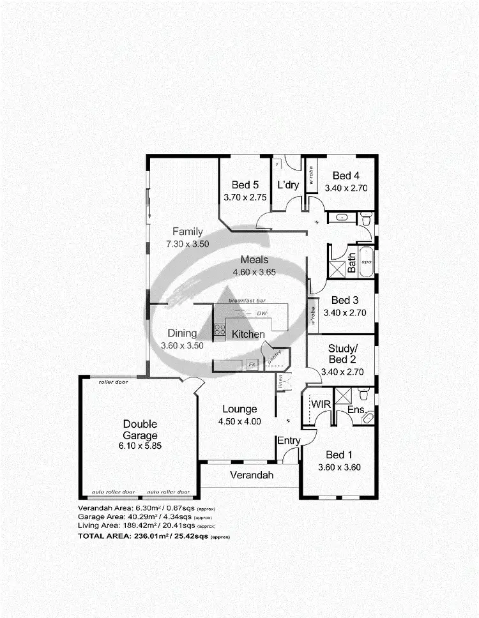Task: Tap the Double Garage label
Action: tap(140, 429)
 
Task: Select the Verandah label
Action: tap(252, 475)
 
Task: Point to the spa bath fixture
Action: tap(367, 262)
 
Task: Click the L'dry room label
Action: tap(288, 185)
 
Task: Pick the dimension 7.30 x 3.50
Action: tap(188, 244)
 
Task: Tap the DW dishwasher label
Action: tap(261, 313)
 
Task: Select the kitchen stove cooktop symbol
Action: tap(219, 329)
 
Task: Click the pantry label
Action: tap(275, 359)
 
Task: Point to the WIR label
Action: tap(320, 405)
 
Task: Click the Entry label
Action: tap(289, 441)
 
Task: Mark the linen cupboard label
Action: tap(281, 382)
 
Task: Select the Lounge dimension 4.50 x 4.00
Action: tap(240, 421)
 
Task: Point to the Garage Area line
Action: tap(144, 516)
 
